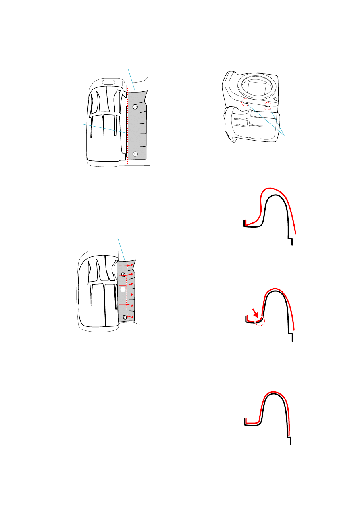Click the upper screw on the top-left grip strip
click(x=135, y=106)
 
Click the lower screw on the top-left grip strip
click(x=135, y=154)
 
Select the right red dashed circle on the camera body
click(x=267, y=106)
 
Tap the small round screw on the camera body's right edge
click(x=275, y=99)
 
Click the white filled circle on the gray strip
click(x=123, y=290)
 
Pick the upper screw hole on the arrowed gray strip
click(x=123, y=275)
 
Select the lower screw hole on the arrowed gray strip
click(x=125, y=318)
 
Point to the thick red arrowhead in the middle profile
click(x=255, y=312)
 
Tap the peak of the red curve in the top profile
click(x=271, y=188)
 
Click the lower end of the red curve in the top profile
click(x=296, y=233)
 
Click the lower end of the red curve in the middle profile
click(x=295, y=330)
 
